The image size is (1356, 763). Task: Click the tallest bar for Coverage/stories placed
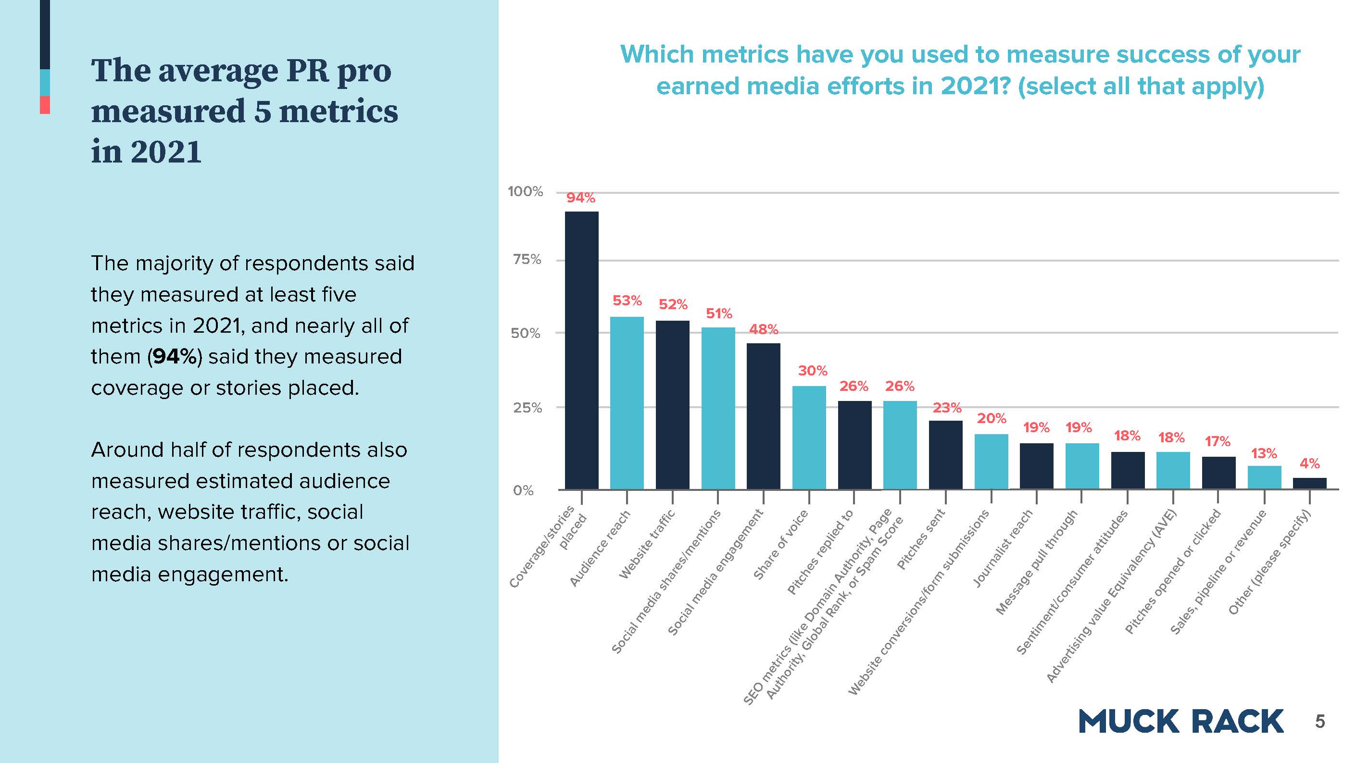581,350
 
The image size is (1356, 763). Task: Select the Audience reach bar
627,402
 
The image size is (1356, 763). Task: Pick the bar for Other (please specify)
1310,484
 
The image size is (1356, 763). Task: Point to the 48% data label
763,329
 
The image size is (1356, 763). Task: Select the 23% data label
947,408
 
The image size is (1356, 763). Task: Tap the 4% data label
1310,463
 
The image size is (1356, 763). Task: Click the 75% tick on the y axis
527,260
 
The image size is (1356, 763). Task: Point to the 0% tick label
523,490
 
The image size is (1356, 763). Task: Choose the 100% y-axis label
525,191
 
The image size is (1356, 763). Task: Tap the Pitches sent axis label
921,539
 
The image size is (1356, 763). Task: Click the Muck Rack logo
1180,722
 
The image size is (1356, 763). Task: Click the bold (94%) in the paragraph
175,357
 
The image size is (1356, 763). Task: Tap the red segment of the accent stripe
45,105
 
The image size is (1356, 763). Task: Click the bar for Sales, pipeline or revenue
1265,477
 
